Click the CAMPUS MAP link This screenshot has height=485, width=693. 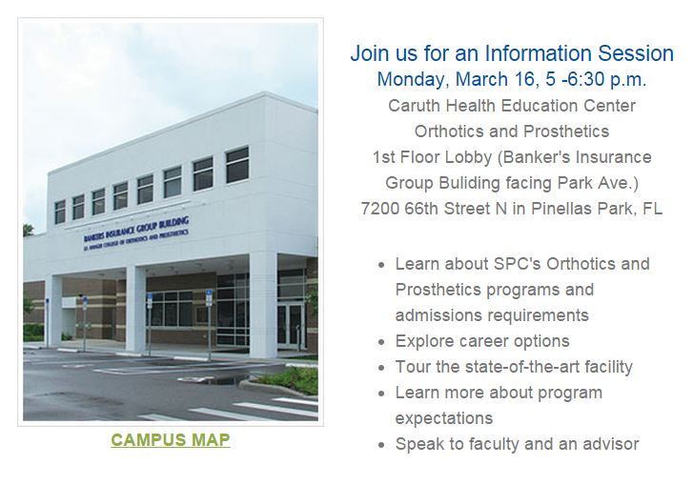tap(171, 440)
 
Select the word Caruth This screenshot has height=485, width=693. tap(414, 106)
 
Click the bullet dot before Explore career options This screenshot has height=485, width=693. tap(382, 343)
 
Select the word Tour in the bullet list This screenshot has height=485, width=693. tap(414, 367)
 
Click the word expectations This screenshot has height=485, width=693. tap(444, 419)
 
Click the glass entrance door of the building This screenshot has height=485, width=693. tap(291, 324)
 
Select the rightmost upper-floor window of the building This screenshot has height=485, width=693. tap(237, 165)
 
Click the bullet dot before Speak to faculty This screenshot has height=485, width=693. tap(382, 446)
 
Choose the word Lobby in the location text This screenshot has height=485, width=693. tap(468, 157)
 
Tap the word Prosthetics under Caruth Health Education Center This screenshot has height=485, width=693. tap(566, 131)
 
